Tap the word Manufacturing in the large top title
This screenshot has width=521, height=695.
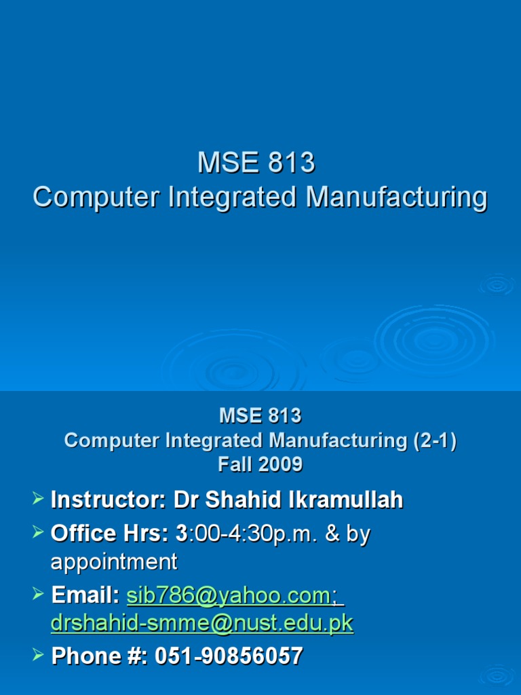click(x=396, y=198)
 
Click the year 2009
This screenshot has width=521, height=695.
click(x=280, y=465)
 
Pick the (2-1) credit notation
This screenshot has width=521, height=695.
click(x=435, y=440)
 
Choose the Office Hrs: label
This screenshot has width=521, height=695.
click(x=109, y=533)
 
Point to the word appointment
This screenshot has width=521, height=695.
click(x=114, y=562)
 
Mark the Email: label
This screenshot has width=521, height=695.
click(x=85, y=595)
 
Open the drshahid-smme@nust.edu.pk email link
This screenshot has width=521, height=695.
click(x=202, y=624)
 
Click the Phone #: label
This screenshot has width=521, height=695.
click(x=100, y=656)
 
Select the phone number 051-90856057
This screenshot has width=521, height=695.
click(x=229, y=656)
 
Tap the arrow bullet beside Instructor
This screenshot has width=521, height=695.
click(x=39, y=500)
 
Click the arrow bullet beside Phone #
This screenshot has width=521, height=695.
click(x=39, y=656)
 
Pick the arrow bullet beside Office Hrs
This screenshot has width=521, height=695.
click(x=39, y=533)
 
